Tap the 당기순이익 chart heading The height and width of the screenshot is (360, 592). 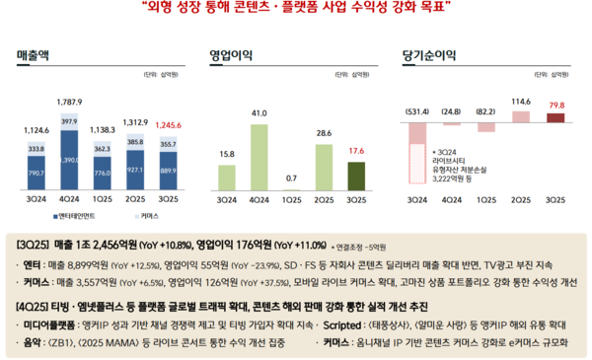pos(427,55)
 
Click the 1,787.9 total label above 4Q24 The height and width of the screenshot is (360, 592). pos(69,103)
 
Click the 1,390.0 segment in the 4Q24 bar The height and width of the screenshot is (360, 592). pos(69,159)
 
